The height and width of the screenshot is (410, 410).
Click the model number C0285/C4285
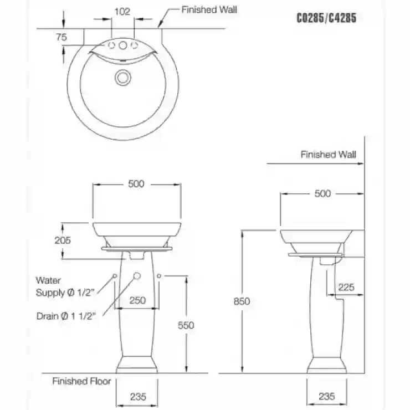326,18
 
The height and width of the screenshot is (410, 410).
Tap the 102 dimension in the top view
122,12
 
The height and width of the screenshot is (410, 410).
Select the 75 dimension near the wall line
61,37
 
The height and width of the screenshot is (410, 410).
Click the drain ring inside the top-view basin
122,78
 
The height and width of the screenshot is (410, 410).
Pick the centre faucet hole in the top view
122,45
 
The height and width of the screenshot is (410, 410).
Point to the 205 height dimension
63,240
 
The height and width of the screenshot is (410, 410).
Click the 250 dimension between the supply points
137,300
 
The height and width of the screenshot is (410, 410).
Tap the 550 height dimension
186,325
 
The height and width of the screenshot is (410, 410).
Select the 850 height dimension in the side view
242,301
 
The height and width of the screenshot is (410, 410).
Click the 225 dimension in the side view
346,287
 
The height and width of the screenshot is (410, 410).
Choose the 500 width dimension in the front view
136,184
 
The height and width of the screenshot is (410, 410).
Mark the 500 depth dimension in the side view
322,193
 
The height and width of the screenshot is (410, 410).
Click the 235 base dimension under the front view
138,397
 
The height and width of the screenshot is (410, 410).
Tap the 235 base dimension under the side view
327,396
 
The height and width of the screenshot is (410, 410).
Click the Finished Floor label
81,381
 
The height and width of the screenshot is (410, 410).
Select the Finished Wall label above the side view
329,154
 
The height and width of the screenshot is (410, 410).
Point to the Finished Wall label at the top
209,9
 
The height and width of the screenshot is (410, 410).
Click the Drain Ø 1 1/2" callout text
66,316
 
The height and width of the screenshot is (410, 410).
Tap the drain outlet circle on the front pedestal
137,275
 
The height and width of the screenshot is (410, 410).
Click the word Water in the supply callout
48,280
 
